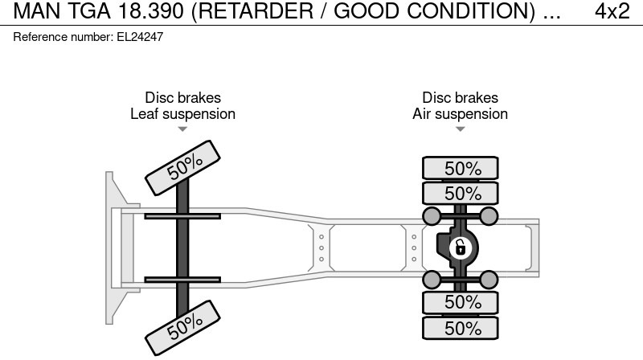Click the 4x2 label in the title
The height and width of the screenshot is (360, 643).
tap(612, 11)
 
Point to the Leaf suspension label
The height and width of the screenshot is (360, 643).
tap(182, 114)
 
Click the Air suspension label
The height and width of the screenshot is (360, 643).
tap(460, 114)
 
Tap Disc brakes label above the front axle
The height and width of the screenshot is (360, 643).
tap(182, 98)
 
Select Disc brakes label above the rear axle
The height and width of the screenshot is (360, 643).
tap(460, 98)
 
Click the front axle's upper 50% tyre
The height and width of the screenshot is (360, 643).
tap(184, 166)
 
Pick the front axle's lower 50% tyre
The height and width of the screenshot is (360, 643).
tap(184, 325)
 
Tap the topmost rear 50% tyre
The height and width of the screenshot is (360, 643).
tap(461, 168)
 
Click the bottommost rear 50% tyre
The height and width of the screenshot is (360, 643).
tap(461, 328)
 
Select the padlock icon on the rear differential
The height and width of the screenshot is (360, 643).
tap(460, 247)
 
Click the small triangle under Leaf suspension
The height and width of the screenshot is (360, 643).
tap(182, 129)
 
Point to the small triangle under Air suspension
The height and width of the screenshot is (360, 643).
tap(460, 129)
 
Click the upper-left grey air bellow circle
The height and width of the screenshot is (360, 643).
tap(432, 215)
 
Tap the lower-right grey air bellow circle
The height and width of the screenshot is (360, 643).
tap(489, 279)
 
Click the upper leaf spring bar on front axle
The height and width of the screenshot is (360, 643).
tap(182, 216)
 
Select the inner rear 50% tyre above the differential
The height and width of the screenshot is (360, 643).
tap(461, 193)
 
